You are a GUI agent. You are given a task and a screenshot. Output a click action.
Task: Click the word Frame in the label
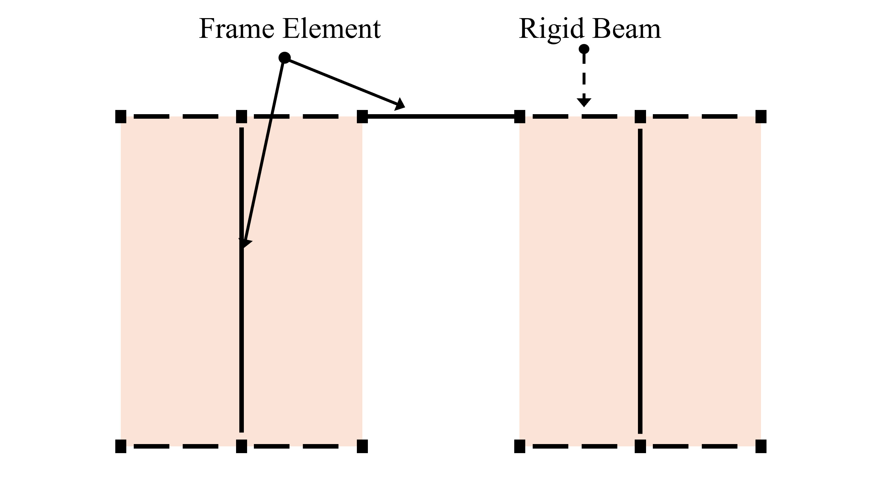pyautogui.click(x=236, y=29)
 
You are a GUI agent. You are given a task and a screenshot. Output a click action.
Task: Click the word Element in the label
pyautogui.click(x=332, y=29)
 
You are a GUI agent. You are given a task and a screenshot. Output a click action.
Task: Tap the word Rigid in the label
pyautogui.click(x=551, y=29)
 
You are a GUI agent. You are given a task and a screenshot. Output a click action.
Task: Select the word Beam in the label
pyautogui.click(x=626, y=29)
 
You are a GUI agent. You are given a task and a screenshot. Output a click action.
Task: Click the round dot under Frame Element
pyautogui.click(x=284, y=58)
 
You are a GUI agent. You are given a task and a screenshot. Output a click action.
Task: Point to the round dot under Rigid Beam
pyautogui.click(x=584, y=49)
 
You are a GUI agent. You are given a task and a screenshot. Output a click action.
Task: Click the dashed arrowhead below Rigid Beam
pyautogui.click(x=584, y=102)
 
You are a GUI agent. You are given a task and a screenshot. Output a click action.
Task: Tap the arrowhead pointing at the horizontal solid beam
pyautogui.click(x=400, y=104)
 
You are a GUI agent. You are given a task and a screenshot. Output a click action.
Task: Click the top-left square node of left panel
pyautogui.click(x=121, y=116)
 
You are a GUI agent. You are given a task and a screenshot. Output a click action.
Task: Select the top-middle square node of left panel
pyautogui.click(x=242, y=116)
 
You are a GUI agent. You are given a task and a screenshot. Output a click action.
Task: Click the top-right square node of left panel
pyautogui.click(x=362, y=116)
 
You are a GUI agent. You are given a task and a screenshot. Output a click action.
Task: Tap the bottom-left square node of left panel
pyautogui.click(x=121, y=446)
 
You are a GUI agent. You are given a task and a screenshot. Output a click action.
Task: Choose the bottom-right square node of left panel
pyautogui.click(x=362, y=446)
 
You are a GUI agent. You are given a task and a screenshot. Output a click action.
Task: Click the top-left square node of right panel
pyautogui.click(x=520, y=116)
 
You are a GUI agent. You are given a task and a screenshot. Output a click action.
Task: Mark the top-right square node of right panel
pyautogui.click(x=761, y=116)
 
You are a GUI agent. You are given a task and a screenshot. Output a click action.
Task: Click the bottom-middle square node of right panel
pyautogui.click(x=640, y=446)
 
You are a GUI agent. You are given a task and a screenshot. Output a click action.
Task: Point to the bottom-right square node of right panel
pyautogui.click(x=761, y=446)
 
